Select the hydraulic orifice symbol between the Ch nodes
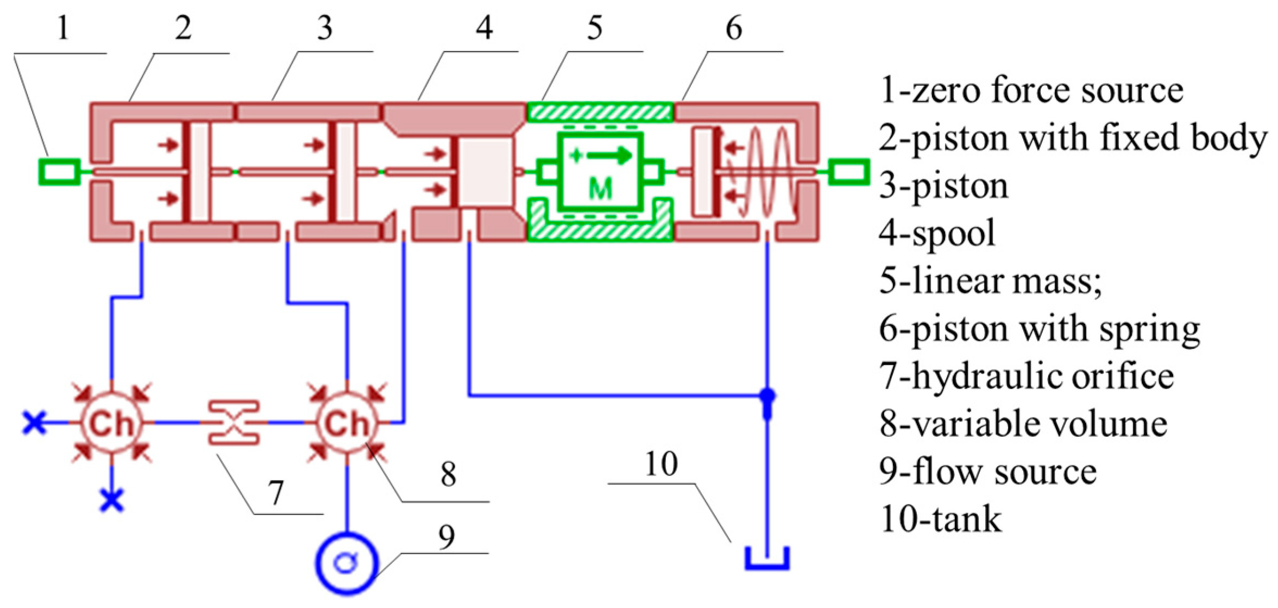click(234, 422)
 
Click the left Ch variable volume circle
click(111, 422)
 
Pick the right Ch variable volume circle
click(347, 422)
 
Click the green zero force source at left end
click(60, 172)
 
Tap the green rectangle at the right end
click(848, 172)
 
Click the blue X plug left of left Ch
click(34, 422)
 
